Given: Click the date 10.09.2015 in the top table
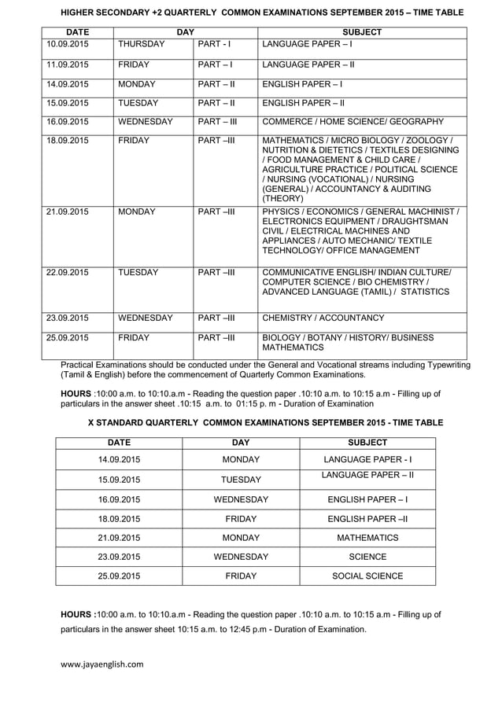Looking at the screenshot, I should tap(68, 44).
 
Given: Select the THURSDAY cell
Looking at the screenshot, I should tap(141, 44).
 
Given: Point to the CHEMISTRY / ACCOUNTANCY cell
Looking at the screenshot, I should tap(323, 318).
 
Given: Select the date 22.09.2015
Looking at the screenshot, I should tap(68, 272).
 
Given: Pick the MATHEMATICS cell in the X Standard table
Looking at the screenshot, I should tap(367, 538).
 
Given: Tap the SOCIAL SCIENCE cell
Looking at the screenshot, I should tap(367, 576).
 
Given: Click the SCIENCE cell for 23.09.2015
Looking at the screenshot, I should tap(367, 557).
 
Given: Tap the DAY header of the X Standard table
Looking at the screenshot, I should tap(241, 443).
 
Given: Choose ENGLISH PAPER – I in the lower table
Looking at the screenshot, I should tap(367, 499).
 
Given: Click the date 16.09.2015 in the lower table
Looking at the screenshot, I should tap(119, 499).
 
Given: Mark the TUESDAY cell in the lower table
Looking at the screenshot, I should tap(241, 479).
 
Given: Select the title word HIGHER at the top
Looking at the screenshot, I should tap(80, 13).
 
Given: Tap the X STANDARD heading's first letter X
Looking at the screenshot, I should tap(91, 422).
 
